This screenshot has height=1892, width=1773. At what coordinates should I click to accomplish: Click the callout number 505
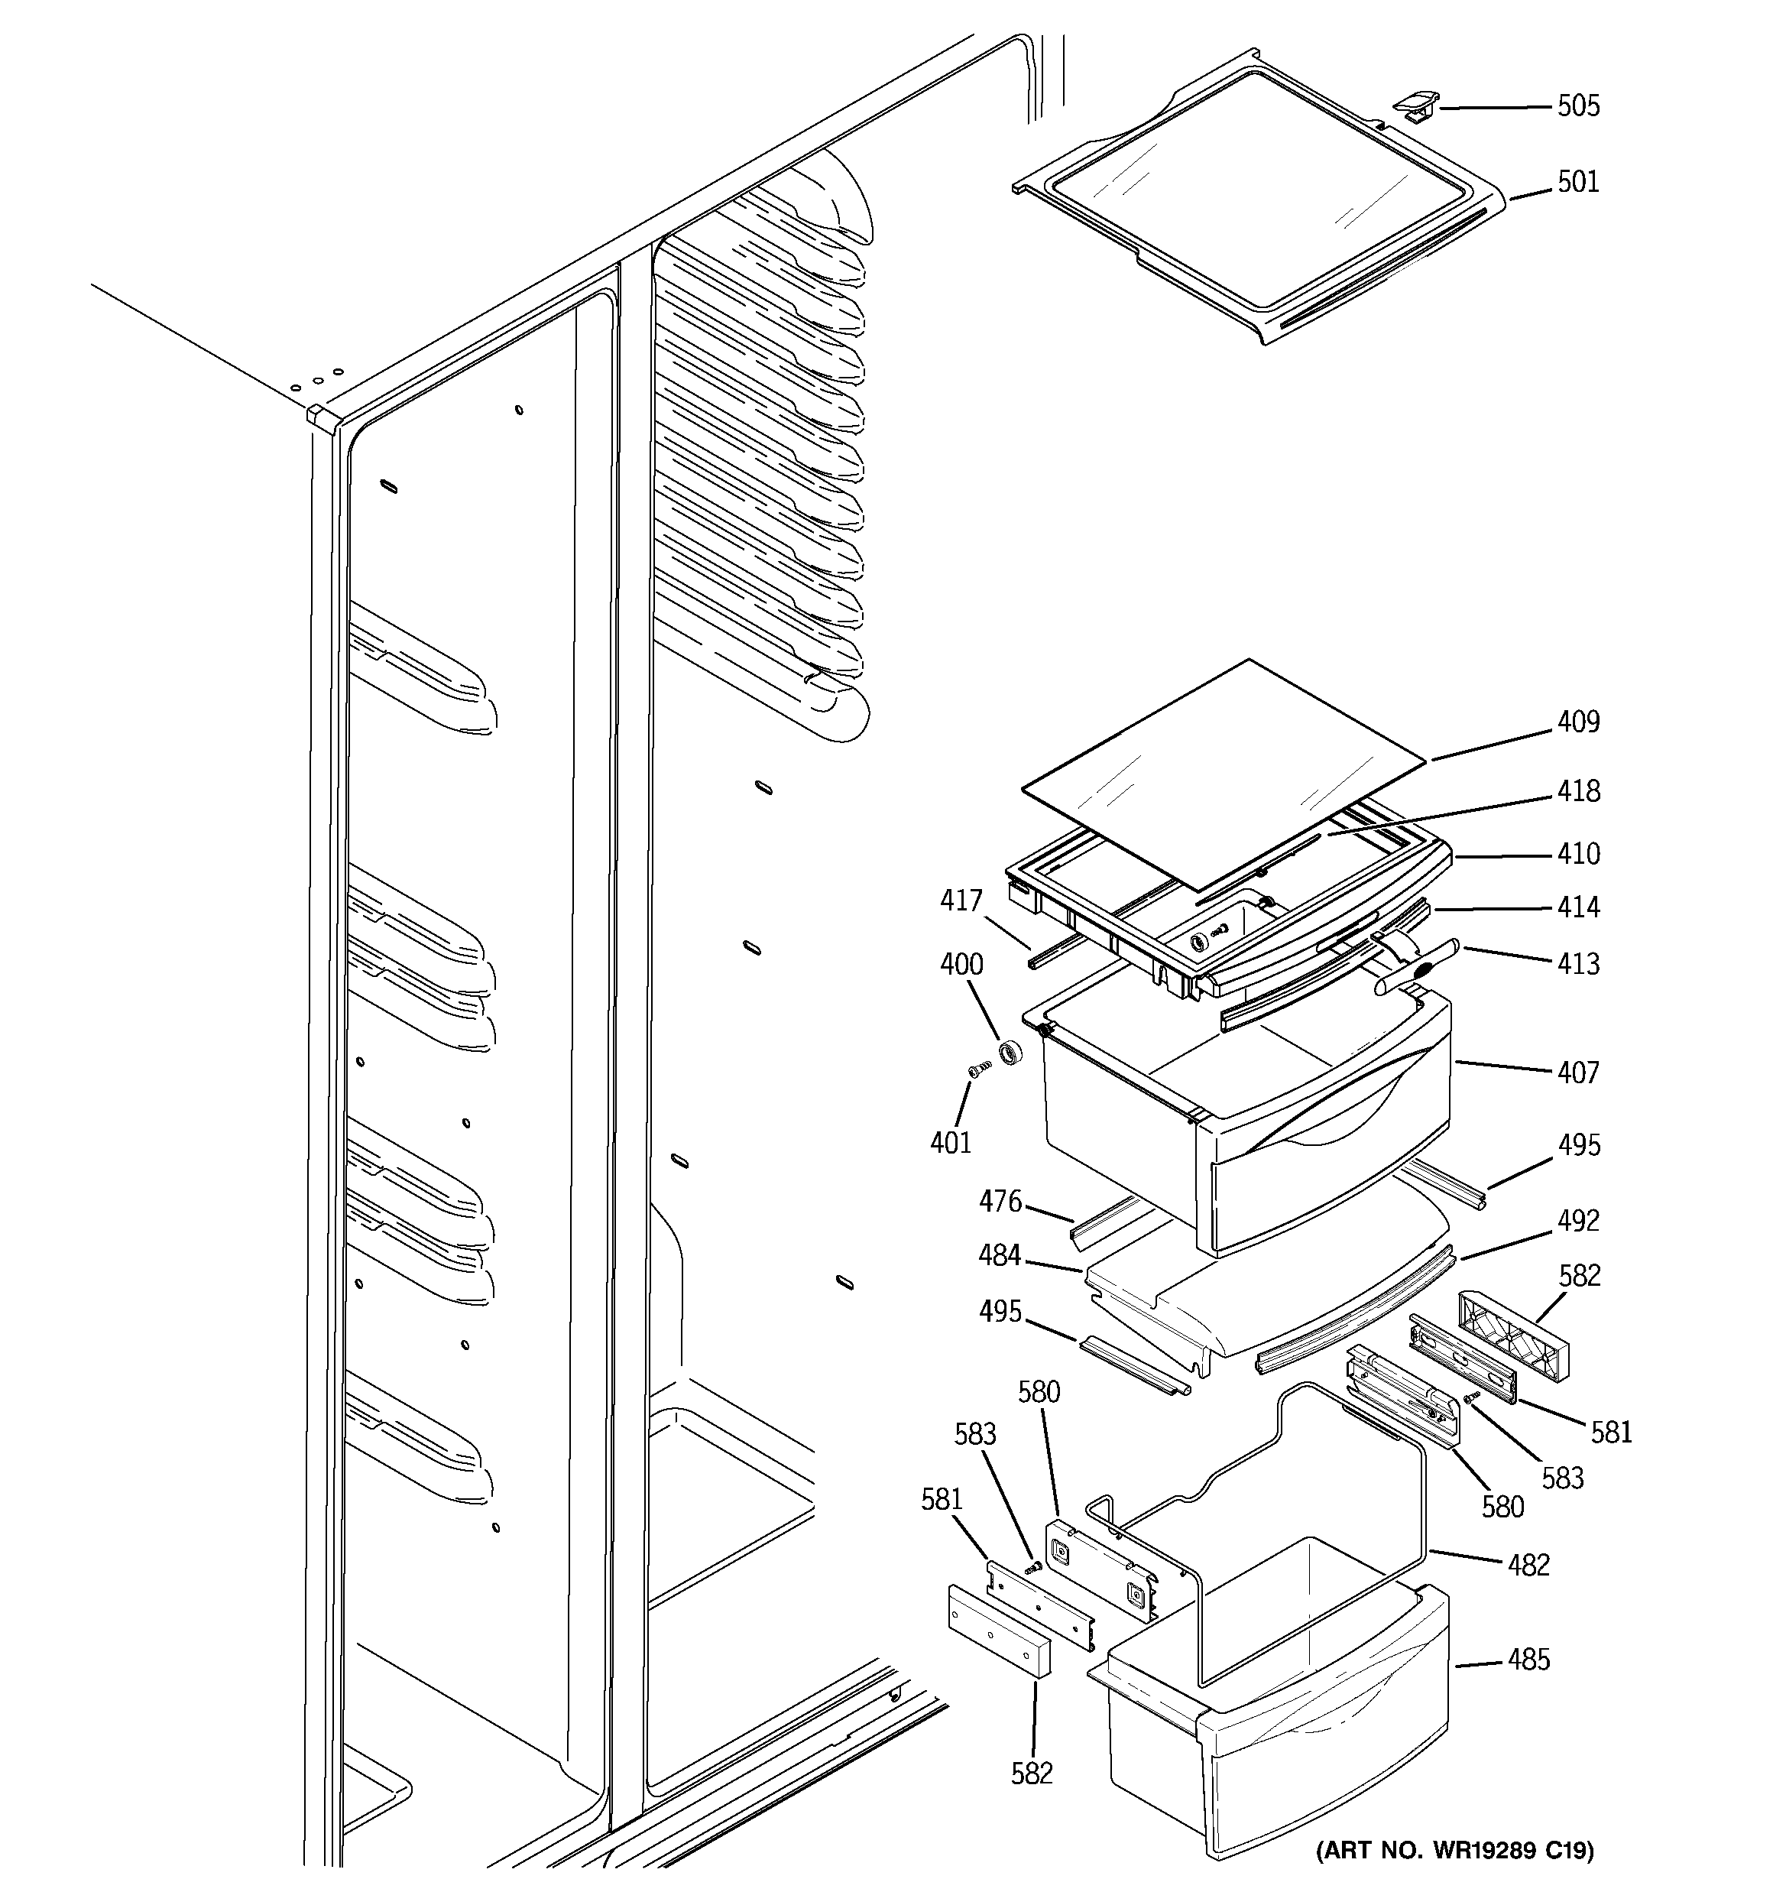pyautogui.click(x=1578, y=105)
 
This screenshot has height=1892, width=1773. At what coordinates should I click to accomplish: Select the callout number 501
pyautogui.click(x=1578, y=181)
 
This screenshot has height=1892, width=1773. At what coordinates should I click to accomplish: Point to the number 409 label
pyautogui.click(x=1578, y=722)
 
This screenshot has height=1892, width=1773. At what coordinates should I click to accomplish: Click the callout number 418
pyautogui.click(x=1578, y=791)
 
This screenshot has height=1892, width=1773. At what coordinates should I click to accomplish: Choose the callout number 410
pyautogui.click(x=1578, y=854)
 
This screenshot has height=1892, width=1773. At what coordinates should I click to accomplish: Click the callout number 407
pyautogui.click(x=1578, y=1073)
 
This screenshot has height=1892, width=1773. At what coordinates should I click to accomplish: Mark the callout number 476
pyautogui.click(x=1000, y=1201)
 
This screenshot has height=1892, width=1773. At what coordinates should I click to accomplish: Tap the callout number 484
pyautogui.click(x=1000, y=1255)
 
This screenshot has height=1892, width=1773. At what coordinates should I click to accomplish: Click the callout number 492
pyautogui.click(x=1578, y=1220)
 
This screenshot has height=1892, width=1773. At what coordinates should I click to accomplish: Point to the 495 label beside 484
pyautogui.click(x=1000, y=1312)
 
